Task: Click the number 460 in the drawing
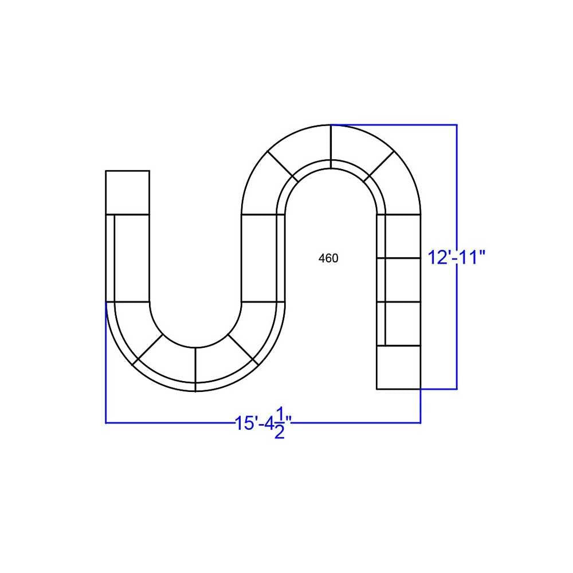pyautogui.click(x=328, y=258)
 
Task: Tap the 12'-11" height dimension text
pyautogui.click(x=457, y=258)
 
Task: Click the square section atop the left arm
pyautogui.click(x=127, y=193)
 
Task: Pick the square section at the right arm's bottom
pyautogui.click(x=398, y=367)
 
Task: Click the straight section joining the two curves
pyautogui.click(x=263, y=258)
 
